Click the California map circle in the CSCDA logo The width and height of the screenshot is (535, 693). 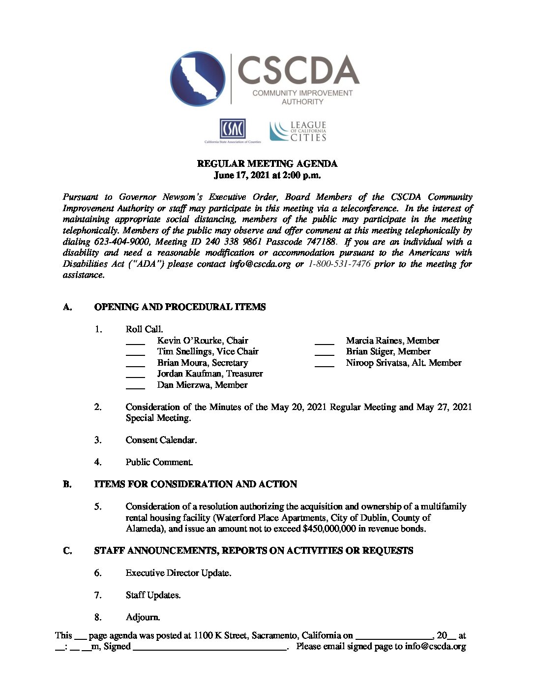(198, 79)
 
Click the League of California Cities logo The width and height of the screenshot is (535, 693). (298, 131)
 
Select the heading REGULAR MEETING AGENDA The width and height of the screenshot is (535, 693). (267, 164)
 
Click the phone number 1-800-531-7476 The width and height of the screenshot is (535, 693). (339, 264)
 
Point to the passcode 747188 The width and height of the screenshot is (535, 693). (321, 242)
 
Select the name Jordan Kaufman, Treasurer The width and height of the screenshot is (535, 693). (210, 374)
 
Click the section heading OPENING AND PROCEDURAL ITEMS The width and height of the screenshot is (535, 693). (180, 307)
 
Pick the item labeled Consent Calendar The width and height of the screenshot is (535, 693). (161, 440)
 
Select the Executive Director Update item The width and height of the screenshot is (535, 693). (178, 573)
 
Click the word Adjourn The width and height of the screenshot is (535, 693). (143, 617)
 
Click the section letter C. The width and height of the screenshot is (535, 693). (67, 551)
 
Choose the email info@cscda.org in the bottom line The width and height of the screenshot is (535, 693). (435, 646)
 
